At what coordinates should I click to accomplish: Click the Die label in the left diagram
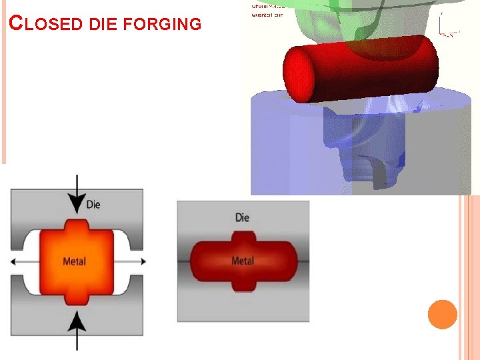pos(93,205)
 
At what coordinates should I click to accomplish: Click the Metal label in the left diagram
pos(74,261)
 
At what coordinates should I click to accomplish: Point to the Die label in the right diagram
pos(242,217)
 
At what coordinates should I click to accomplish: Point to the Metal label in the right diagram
pos(243,261)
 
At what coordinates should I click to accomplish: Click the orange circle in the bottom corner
pos(442,315)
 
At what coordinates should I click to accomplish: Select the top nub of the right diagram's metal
pos(243,238)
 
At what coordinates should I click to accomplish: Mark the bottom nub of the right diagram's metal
pos(243,284)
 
